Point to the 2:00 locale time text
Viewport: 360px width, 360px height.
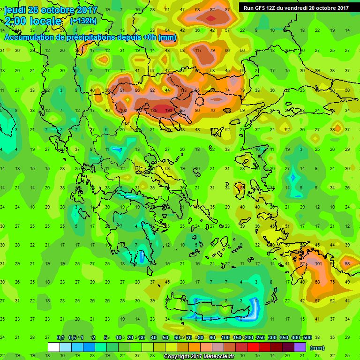pos(33,22)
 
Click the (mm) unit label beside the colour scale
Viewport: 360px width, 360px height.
pos(317,348)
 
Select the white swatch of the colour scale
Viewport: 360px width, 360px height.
pos(54,347)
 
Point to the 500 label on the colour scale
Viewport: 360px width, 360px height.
pos(307,337)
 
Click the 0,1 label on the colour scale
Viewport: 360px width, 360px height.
pos(60,337)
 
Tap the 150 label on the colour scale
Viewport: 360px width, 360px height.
pos(238,337)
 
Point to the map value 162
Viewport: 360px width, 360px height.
pos(124,111)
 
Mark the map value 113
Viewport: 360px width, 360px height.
pos(184,90)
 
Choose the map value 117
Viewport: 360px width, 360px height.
pos(198,51)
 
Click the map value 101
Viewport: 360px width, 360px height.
pos(318,263)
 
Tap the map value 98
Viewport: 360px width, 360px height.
pos(347,263)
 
